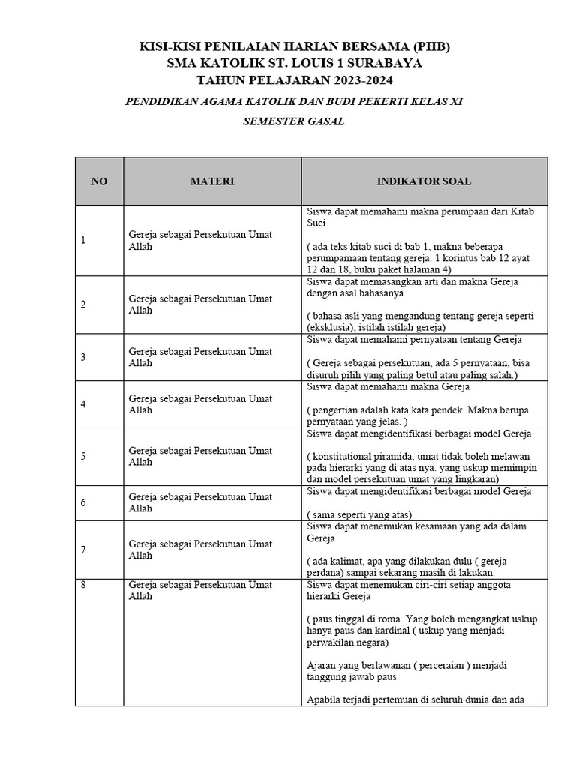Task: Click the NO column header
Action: pos(99,181)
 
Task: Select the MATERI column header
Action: pos(212,181)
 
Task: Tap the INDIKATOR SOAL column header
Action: pos(424,181)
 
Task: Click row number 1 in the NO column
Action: pos(83,240)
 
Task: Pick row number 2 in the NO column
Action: pos(83,304)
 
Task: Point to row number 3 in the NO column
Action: pos(83,357)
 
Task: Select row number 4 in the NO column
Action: pos(83,404)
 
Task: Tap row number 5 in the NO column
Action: pos(83,456)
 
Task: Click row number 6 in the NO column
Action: pos(83,502)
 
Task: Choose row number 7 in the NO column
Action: pos(83,550)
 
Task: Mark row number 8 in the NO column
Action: pos(83,585)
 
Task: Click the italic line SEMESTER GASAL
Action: pos(293,121)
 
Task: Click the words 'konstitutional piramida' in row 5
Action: pos(364,456)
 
